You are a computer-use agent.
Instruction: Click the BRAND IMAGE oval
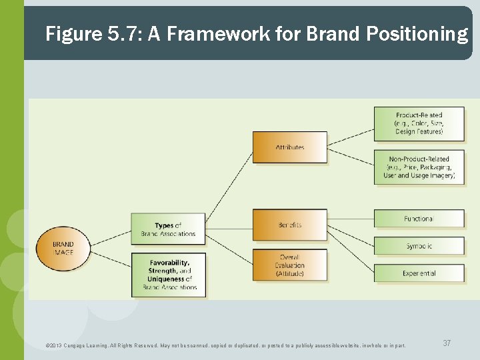pos(63,249)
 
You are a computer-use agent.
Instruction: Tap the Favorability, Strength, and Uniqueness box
pos(169,274)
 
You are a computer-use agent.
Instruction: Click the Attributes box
pos(289,147)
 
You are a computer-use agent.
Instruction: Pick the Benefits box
pos(289,225)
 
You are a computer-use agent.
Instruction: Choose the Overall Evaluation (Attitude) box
pos(289,265)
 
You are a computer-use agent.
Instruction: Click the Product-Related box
pos(419,124)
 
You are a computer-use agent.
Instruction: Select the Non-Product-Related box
pos(419,167)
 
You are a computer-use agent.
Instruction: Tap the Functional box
pos(419,219)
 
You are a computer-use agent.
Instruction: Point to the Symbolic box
pos(419,246)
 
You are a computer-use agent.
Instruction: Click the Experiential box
pos(419,273)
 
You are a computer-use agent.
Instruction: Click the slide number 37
pos(447,343)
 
